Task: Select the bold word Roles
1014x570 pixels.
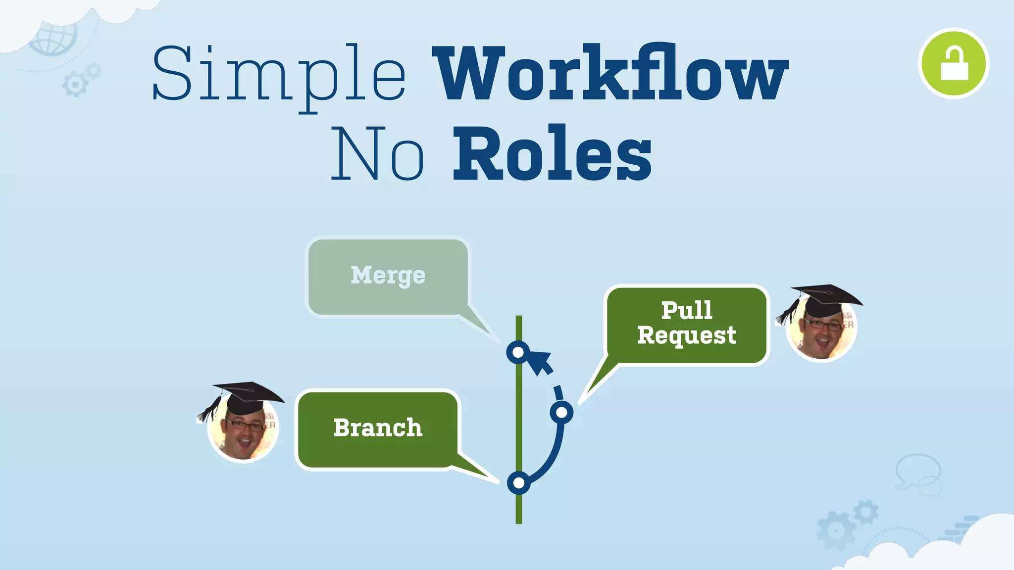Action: (552, 153)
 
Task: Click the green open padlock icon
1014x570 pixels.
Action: (953, 63)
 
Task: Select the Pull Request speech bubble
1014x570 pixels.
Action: (687, 324)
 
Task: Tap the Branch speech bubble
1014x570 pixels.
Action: (378, 428)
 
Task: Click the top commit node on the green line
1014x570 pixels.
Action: (518, 352)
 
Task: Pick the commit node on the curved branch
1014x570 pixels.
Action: (561, 412)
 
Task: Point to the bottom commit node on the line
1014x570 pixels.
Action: (518, 482)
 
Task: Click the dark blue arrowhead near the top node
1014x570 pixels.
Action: (540, 361)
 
